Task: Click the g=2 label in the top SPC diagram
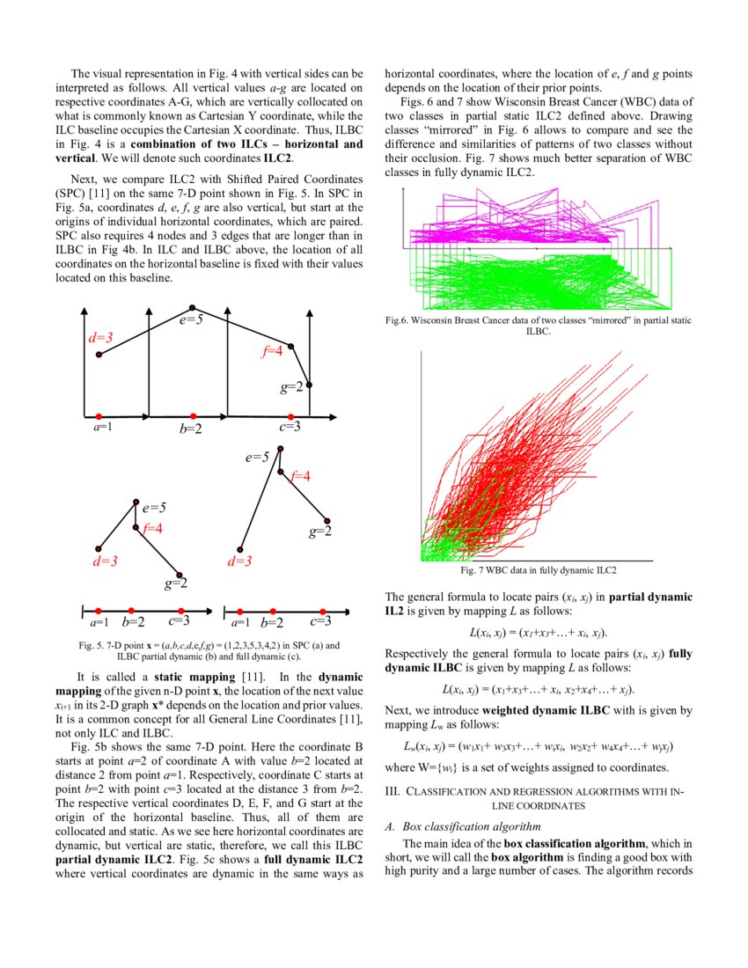coord(293,387)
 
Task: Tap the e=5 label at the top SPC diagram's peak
coord(192,320)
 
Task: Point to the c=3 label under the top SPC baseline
coord(290,427)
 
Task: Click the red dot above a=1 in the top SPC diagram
coord(99,415)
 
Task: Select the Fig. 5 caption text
coord(209,650)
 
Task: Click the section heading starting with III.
coord(538,798)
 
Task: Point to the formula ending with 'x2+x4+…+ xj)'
coord(538,689)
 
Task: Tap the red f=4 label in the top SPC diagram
coord(273,351)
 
